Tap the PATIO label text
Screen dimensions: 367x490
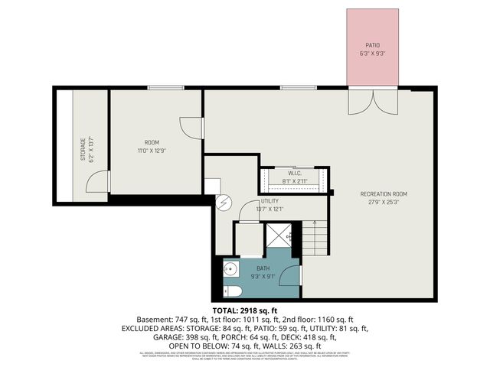[x=371, y=45]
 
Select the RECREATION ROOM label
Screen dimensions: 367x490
[x=384, y=194]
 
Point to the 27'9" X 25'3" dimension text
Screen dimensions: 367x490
[x=384, y=203]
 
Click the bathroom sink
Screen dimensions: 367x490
[x=231, y=268]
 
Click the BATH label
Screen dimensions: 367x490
[x=263, y=268]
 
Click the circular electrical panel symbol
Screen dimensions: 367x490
[x=223, y=204]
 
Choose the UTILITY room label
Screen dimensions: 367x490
[x=269, y=200]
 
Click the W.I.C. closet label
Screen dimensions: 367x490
[x=295, y=174]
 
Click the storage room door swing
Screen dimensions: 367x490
[x=97, y=182]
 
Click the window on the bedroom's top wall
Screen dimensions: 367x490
[x=165, y=88]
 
